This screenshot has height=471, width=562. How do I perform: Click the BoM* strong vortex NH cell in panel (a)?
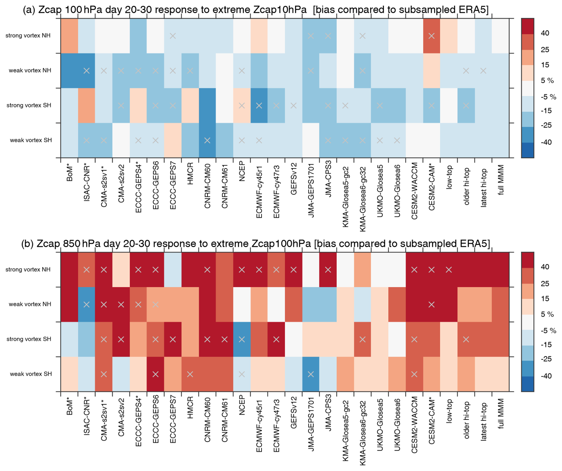(x=70, y=36)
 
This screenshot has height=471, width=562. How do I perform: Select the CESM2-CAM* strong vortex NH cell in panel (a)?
(x=431, y=36)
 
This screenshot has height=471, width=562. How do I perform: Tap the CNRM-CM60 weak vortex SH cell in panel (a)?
(x=207, y=140)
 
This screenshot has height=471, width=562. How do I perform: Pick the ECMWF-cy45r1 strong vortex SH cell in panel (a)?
(x=259, y=105)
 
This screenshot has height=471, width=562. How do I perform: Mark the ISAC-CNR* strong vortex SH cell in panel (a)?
(x=86, y=105)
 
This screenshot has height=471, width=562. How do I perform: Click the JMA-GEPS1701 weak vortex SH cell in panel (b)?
(x=311, y=374)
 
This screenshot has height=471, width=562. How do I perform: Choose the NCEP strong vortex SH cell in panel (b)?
(x=242, y=339)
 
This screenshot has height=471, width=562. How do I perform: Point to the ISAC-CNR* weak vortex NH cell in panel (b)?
(x=86, y=305)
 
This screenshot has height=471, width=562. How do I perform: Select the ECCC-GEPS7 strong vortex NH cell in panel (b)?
(x=173, y=270)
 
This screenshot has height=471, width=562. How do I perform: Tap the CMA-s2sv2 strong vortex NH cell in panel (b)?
(x=121, y=270)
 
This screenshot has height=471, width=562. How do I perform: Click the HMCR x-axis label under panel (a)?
(x=190, y=174)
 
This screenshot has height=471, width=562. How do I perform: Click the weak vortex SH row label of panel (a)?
(x=31, y=140)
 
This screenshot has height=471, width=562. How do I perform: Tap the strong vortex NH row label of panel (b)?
(x=28, y=270)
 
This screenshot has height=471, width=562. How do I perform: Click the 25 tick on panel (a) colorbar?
(x=545, y=50)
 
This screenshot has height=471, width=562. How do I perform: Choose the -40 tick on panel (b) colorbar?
(x=546, y=376)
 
